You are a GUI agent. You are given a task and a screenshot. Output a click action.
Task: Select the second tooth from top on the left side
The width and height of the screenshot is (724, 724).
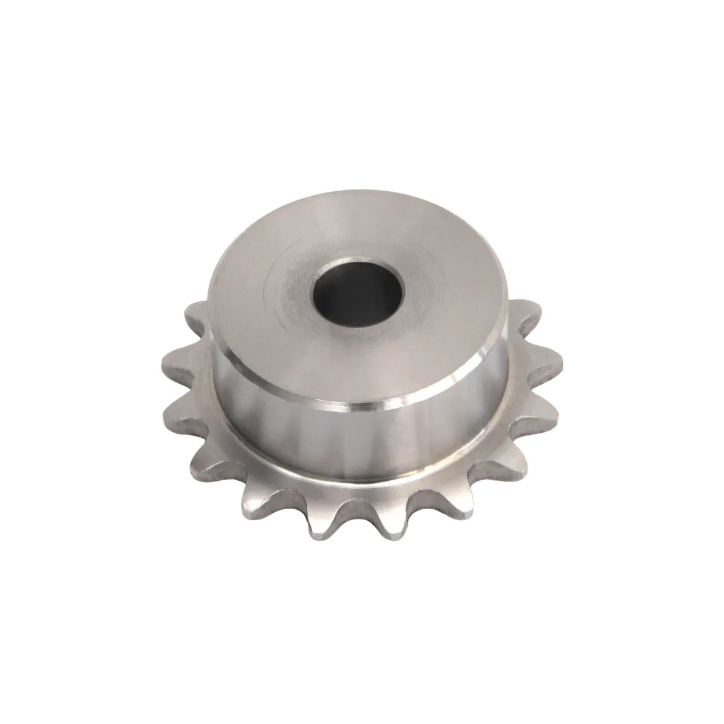175,362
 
